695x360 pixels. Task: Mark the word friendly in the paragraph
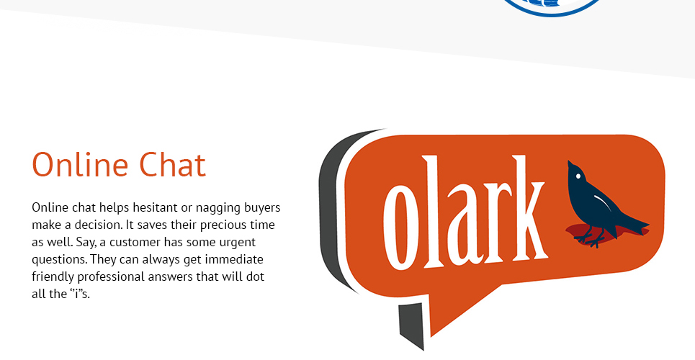click(53, 277)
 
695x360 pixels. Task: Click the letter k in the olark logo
click(527, 208)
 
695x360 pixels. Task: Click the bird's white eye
click(578, 176)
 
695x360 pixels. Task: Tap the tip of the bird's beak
click(569, 161)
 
